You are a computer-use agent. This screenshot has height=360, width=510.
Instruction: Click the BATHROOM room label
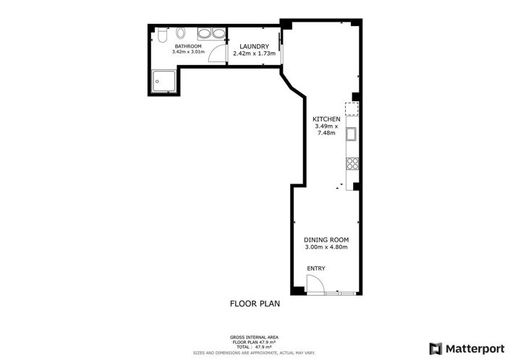(x=188, y=46)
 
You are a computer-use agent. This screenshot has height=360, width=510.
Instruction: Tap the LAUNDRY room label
(x=255, y=46)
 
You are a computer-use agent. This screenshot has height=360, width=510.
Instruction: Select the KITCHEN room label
(x=326, y=119)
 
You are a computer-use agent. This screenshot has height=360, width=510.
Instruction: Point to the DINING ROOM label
(x=326, y=240)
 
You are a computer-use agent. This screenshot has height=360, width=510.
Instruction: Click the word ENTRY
(x=316, y=268)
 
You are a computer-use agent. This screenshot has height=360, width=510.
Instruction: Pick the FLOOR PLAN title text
(x=255, y=304)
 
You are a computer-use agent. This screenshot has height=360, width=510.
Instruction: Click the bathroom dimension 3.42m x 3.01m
(x=188, y=51)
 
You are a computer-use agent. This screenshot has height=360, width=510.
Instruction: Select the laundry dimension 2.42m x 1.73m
(x=255, y=53)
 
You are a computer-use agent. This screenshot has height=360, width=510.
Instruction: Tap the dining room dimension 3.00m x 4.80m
(x=326, y=247)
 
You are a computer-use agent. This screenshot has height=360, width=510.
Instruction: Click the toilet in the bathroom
(x=162, y=35)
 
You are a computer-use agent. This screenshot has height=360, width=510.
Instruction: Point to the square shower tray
(x=165, y=81)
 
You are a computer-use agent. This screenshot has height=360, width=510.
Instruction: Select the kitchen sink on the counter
(x=351, y=134)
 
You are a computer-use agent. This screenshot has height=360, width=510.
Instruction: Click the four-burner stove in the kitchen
(x=352, y=163)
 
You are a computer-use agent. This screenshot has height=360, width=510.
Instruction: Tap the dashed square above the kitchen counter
(x=352, y=109)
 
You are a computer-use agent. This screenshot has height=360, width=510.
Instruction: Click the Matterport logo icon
(x=435, y=349)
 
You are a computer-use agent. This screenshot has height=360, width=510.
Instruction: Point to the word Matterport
(x=475, y=349)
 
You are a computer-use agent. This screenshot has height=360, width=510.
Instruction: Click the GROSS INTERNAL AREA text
(x=254, y=338)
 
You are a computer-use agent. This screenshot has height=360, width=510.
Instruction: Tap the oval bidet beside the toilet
(x=181, y=33)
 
